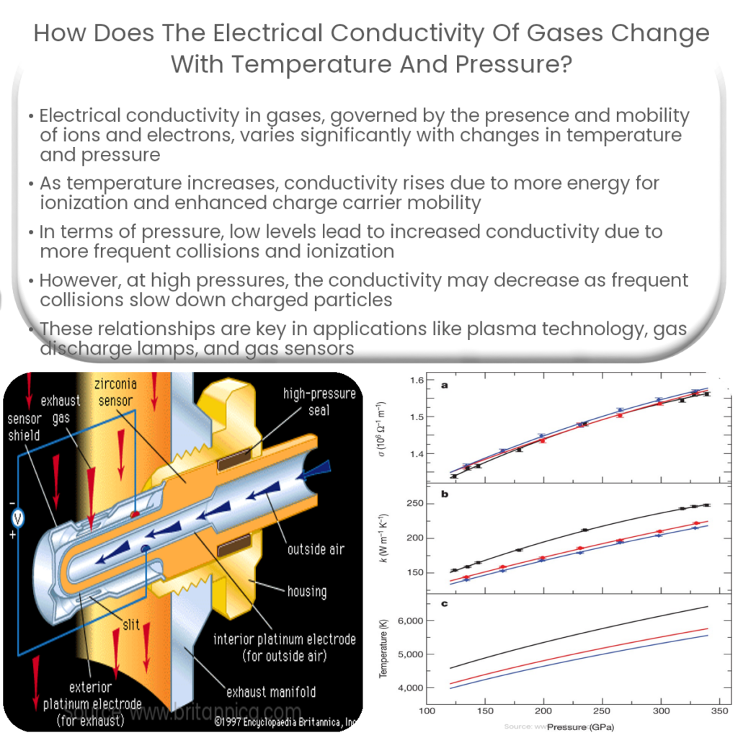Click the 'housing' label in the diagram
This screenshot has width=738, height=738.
[306, 592]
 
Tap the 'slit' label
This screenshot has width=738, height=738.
[130, 624]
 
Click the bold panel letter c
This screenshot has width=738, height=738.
[445, 603]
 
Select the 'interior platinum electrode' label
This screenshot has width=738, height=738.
[284, 648]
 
